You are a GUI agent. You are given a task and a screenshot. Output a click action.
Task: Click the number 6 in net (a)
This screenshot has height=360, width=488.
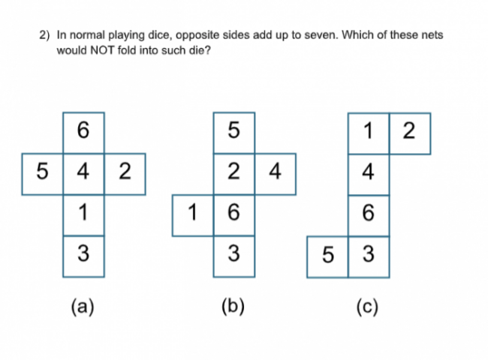(83, 130)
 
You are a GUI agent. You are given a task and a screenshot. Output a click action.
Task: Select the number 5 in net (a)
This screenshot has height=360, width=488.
(42, 171)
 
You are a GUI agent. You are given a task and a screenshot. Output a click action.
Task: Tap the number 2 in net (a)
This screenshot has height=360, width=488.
(125, 171)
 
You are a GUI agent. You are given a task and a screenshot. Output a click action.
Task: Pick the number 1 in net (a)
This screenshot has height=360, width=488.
(83, 212)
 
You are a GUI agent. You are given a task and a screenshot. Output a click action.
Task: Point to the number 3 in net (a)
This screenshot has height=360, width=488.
(83, 253)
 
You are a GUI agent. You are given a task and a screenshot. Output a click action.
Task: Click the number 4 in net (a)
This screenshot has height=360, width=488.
(83, 171)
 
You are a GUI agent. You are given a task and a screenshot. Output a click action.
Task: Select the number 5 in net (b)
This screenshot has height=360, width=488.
(233, 130)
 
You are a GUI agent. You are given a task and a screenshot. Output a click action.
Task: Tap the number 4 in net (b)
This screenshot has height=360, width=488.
(275, 171)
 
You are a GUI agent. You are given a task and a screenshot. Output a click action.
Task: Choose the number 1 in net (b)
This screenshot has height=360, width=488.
(193, 212)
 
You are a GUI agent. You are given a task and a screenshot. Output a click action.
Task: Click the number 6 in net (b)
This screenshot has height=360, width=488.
(233, 212)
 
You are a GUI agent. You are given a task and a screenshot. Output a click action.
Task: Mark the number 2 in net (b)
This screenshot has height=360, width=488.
(233, 171)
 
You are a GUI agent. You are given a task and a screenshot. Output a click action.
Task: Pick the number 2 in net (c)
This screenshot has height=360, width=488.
(409, 130)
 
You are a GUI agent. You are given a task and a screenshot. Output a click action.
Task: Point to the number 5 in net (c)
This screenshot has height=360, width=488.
(328, 255)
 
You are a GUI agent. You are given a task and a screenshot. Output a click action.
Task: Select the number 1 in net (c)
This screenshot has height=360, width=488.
(368, 130)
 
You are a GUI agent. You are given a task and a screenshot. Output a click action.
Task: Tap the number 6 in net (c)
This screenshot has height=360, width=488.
(369, 213)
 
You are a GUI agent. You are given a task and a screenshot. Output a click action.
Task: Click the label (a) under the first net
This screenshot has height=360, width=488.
(83, 307)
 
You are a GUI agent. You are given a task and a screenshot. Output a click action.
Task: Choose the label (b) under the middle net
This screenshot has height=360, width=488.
(233, 307)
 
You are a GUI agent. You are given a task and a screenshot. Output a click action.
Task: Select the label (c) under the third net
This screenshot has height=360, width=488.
(367, 307)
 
